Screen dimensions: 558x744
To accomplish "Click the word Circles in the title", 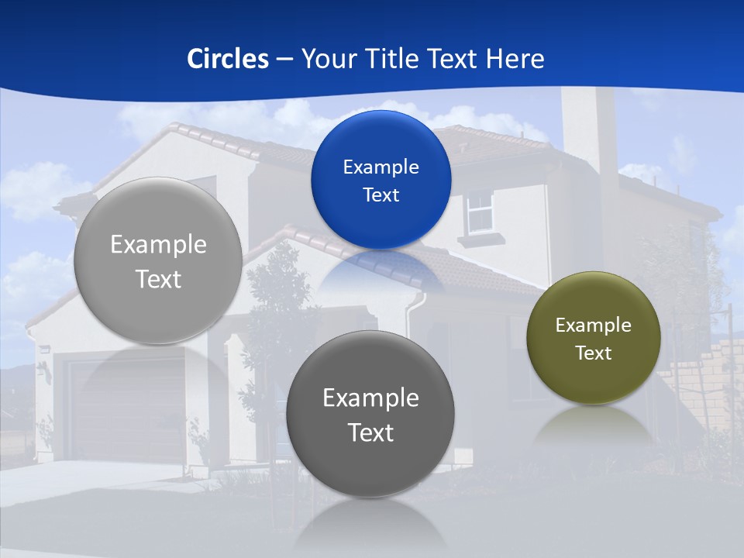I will pos(228,59).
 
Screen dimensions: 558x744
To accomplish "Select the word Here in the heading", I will pos(515,59).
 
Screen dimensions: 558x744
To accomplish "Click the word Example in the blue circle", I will pos(381,167).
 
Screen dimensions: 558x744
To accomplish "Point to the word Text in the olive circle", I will pos(594,353).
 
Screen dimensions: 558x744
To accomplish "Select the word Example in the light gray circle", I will pos(158,245).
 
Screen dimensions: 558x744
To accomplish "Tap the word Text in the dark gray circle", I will pos(370,432).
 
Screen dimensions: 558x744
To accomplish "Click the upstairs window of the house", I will pos(480,212).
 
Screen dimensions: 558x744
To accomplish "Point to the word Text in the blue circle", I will pos(381,195).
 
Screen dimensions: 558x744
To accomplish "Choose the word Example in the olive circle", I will pos(594,325).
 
